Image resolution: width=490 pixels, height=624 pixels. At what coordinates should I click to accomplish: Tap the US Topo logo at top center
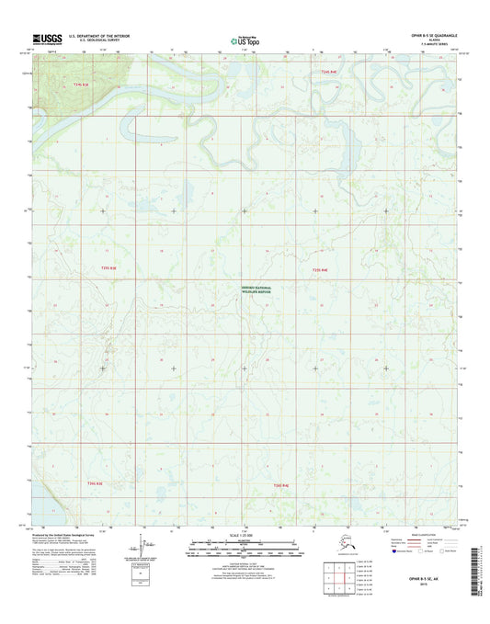point(244,39)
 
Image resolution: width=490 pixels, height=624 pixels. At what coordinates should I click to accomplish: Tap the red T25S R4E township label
point(320,270)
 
